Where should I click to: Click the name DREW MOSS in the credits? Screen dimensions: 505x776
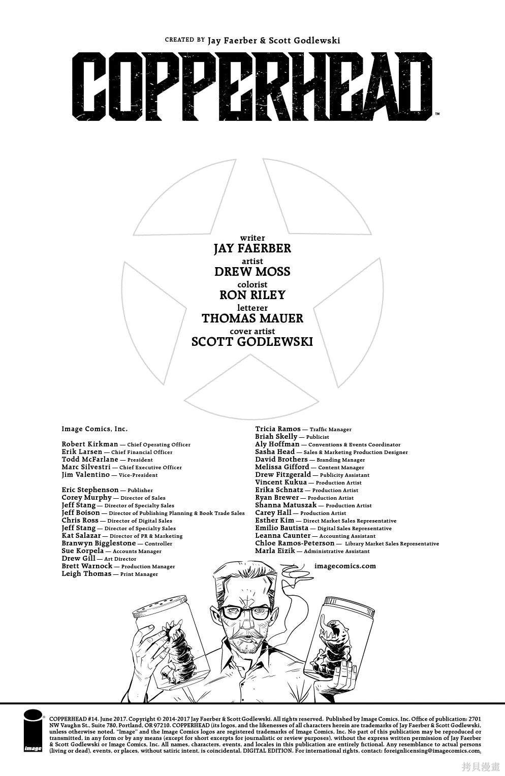pos(253,271)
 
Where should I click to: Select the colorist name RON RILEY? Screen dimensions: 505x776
pos(253,295)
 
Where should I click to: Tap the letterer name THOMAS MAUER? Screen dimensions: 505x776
pos(253,318)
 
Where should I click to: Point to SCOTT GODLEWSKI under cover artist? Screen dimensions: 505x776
pos(253,342)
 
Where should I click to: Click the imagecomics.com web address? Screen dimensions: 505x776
pos(345,566)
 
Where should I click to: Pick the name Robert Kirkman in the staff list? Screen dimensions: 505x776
pos(90,444)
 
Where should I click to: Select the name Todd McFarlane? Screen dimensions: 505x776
pos(90,460)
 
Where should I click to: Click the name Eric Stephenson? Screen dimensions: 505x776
pos(90,490)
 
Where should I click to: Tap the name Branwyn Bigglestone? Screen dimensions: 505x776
pos(99,543)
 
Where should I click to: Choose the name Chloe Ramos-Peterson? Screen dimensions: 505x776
pos(295,543)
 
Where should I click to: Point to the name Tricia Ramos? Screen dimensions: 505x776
pos(278,429)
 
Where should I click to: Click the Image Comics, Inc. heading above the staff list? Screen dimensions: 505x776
pos(94,429)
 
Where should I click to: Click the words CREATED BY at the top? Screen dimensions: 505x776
pos(185,40)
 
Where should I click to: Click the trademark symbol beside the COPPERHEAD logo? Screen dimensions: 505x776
pos(437,113)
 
